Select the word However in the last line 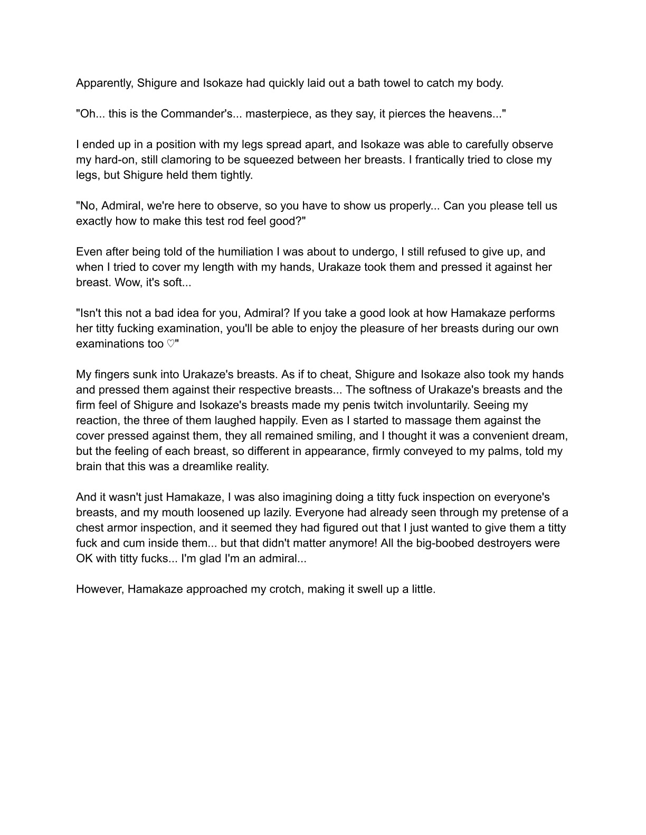[100, 589]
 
